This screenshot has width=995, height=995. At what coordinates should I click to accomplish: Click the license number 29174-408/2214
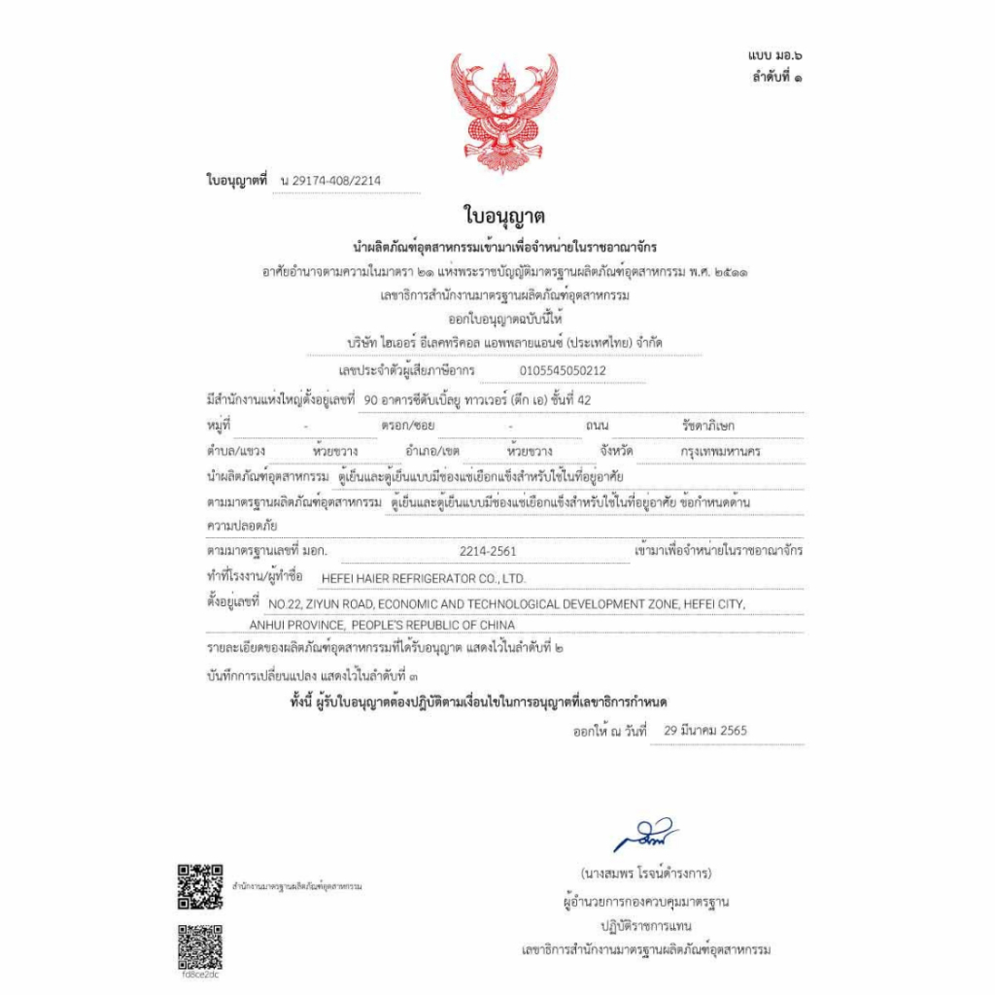pyautogui.click(x=334, y=182)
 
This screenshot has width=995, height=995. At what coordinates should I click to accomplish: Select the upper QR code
pyautogui.click(x=200, y=885)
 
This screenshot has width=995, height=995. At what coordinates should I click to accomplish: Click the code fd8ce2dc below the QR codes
pyautogui.click(x=200, y=976)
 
